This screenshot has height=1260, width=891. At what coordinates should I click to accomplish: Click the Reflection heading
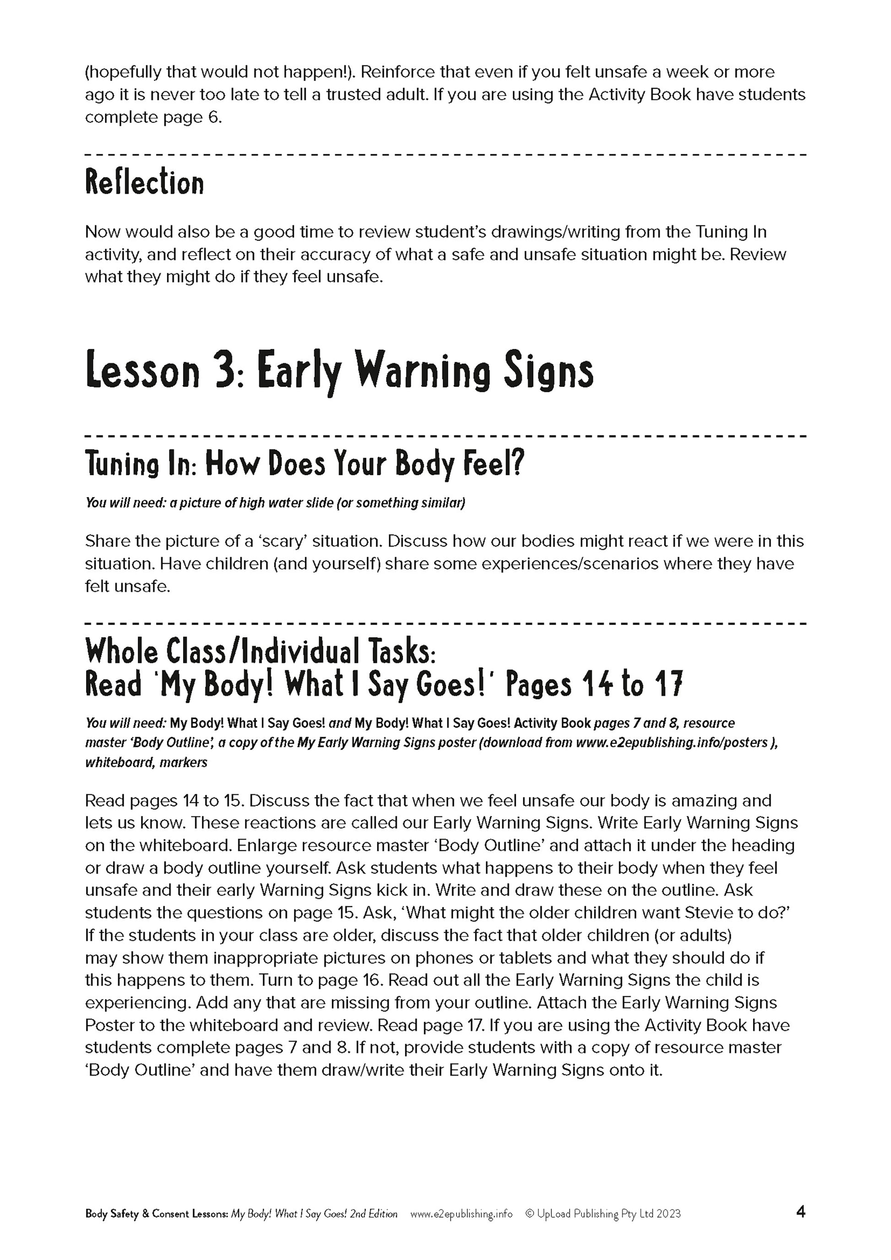(x=144, y=183)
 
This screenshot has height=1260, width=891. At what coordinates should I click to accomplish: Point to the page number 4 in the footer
(x=800, y=1212)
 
